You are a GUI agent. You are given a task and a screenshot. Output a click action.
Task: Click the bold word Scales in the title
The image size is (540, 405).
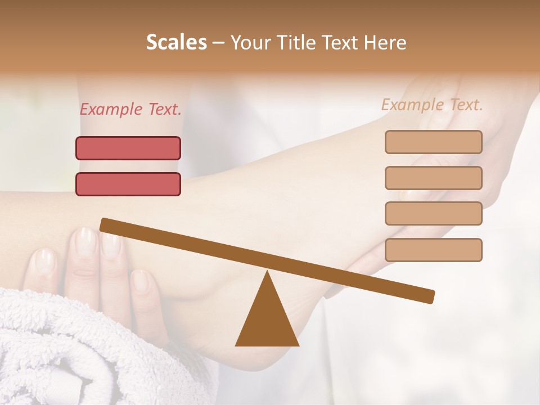(176, 43)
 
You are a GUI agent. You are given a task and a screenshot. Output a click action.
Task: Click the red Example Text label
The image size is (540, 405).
(130, 110)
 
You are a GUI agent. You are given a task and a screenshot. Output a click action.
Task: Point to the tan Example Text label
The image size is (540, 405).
(432, 105)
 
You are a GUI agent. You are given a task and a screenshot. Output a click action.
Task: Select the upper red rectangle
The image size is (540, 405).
(128, 148)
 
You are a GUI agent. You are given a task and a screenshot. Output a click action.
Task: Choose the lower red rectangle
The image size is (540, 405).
(128, 184)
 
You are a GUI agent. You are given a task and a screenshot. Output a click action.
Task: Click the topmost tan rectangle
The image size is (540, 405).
(433, 142)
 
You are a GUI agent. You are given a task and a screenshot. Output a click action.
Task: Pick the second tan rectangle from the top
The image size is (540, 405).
(433, 178)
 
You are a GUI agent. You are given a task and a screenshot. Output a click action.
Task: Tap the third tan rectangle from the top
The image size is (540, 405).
(433, 214)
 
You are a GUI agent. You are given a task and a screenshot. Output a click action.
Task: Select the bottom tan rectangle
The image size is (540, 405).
(433, 250)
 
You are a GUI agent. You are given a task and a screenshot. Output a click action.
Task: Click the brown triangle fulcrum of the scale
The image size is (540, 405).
(267, 321)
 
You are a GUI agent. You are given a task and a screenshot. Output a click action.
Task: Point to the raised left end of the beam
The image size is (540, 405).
(105, 225)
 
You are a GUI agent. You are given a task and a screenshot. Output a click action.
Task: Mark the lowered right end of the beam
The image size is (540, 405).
(430, 296)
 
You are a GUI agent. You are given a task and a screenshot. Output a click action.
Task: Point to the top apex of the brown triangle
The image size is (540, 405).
(268, 273)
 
